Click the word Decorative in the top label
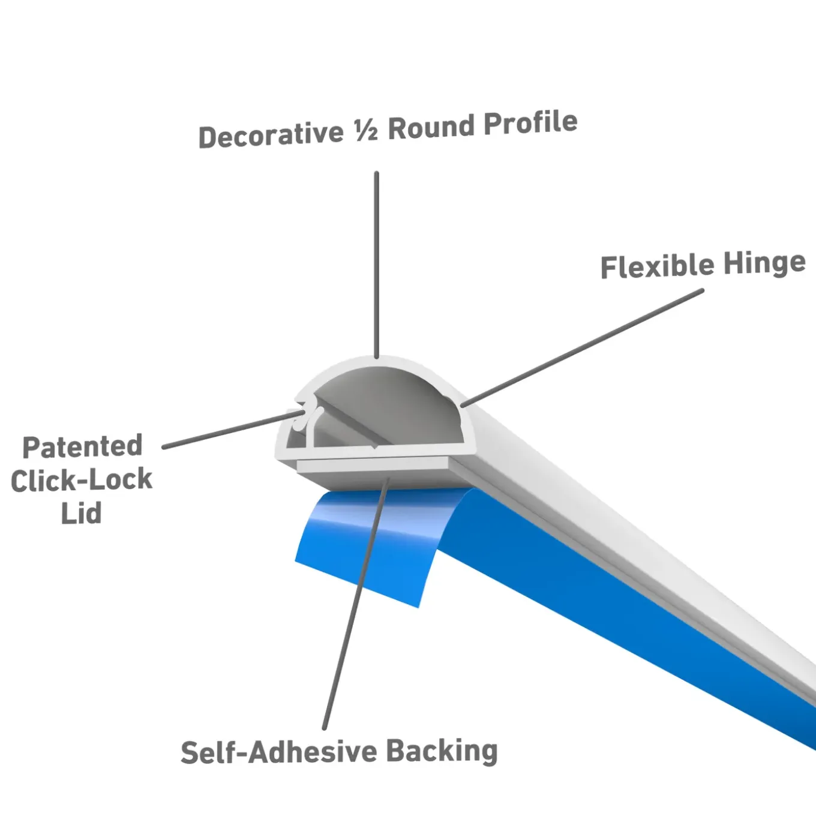pyautogui.click(x=271, y=134)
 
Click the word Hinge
pyautogui.click(x=764, y=263)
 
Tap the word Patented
pyautogui.click(x=82, y=446)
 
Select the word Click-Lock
pyautogui.click(x=82, y=480)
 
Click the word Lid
pyautogui.click(x=82, y=512)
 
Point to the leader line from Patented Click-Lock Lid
pyautogui.click(x=233, y=429)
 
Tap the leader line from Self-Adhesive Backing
pyautogui.click(x=356, y=604)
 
